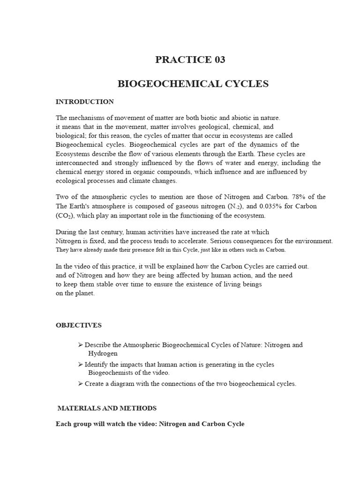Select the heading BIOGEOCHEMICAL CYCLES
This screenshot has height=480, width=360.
point(193,84)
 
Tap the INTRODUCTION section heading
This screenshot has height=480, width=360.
point(84,102)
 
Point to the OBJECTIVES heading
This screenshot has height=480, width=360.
point(78,325)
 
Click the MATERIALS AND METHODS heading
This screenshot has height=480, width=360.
point(107,408)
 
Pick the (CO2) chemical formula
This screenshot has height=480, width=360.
point(64,216)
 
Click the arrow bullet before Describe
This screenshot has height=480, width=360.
point(80,345)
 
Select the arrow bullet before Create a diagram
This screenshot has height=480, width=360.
point(80,383)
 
